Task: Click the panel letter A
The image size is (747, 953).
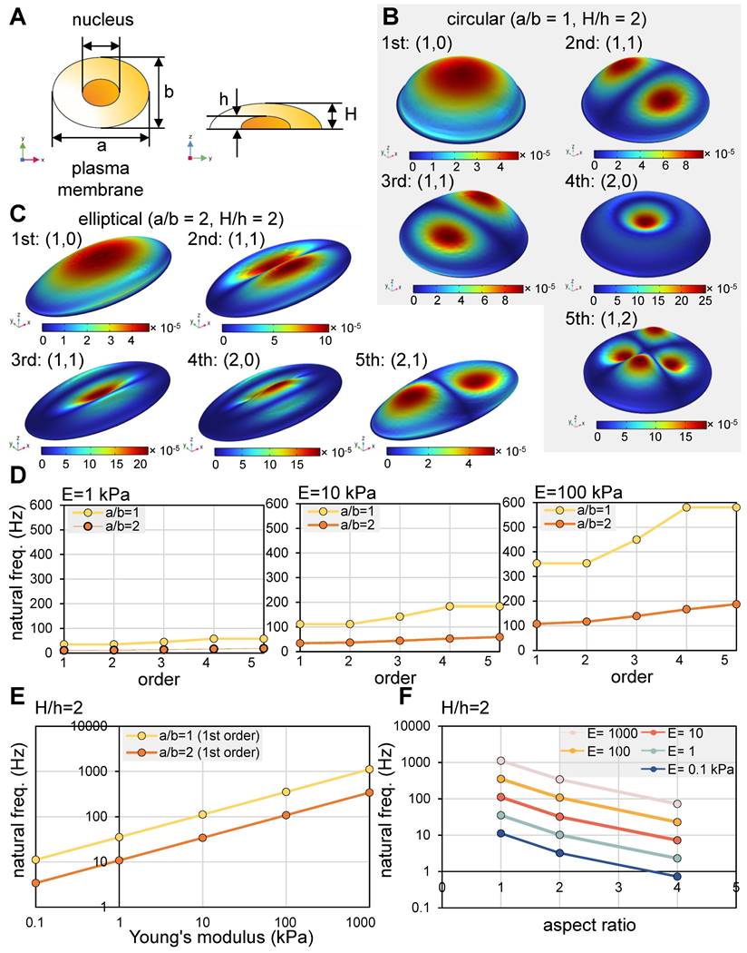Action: (17, 18)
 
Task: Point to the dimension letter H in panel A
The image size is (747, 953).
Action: (335, 115)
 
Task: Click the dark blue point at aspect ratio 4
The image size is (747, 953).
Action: (676, 877)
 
